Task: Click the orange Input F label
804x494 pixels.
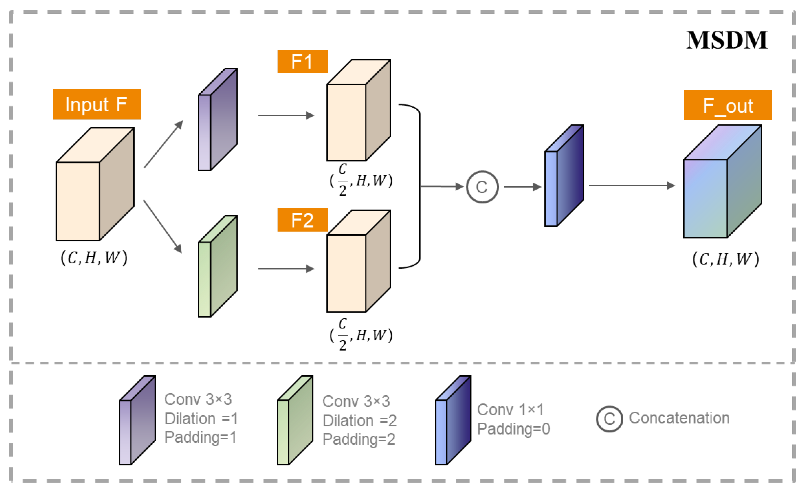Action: (x=97, y=105)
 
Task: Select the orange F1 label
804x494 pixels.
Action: (x=302, y=61)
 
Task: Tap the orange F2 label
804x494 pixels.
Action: (x=302, y=220)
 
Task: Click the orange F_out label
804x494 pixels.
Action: (x=727, y=106)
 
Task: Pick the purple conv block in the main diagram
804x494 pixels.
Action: (x=218, y=120)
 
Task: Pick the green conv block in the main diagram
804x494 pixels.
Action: (x=218, y=266)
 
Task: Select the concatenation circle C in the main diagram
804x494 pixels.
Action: (x=482, y=187)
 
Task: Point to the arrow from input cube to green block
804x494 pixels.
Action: (x=162, y=227)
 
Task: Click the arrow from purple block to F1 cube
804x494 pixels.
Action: (x=286, y=115)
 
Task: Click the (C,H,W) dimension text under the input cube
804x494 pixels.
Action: (x=94, y=258)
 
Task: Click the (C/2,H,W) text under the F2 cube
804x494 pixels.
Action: (x=361, y=335)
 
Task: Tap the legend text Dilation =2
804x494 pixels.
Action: (x=359, y=421)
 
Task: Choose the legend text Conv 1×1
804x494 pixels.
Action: (x=510, y=410)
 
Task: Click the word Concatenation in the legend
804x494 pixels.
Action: (x=679, y=418)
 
